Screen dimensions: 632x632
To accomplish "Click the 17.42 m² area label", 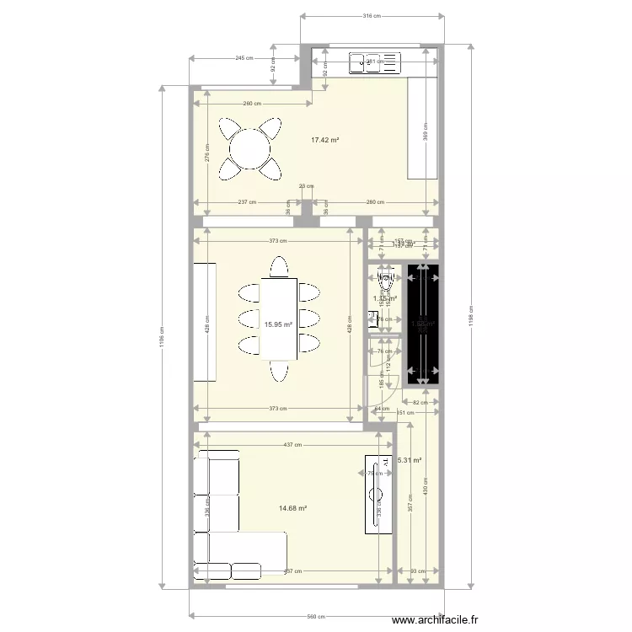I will (324, 140).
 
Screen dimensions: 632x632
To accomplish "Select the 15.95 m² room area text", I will (278, 324).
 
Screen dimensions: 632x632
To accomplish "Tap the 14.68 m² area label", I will (292, 508).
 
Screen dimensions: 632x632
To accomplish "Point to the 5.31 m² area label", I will (410, 461).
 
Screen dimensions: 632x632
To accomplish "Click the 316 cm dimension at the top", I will (372, 15).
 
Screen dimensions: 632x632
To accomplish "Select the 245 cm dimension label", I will (244, 58).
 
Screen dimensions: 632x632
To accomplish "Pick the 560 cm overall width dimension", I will (315, 617).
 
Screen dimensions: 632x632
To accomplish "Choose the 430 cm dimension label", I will (425, 492).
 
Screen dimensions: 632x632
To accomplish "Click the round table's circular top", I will (250, 150).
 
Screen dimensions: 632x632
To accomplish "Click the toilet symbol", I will (386, 278).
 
